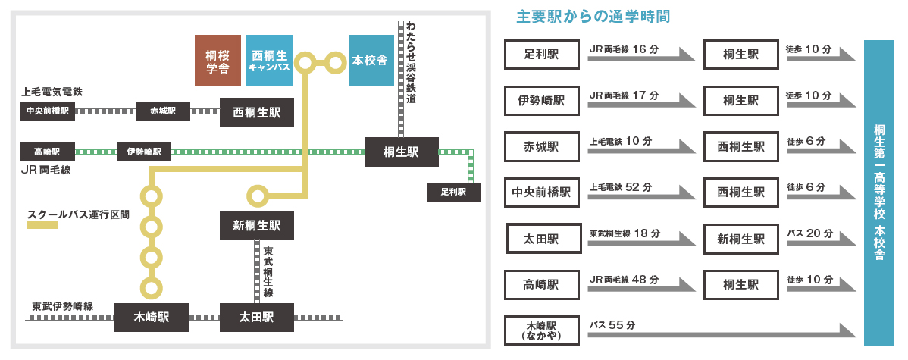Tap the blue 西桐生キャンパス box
270,60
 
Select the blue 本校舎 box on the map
371,60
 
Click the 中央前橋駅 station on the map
48,111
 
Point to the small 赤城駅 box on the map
163,111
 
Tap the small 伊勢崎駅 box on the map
144,151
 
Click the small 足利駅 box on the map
454,192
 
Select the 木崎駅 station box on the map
152,317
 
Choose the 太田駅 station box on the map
256,317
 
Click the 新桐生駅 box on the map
256,225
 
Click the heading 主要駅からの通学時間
592,16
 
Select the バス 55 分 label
612,325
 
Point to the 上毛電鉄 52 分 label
620,187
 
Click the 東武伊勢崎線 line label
63,306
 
